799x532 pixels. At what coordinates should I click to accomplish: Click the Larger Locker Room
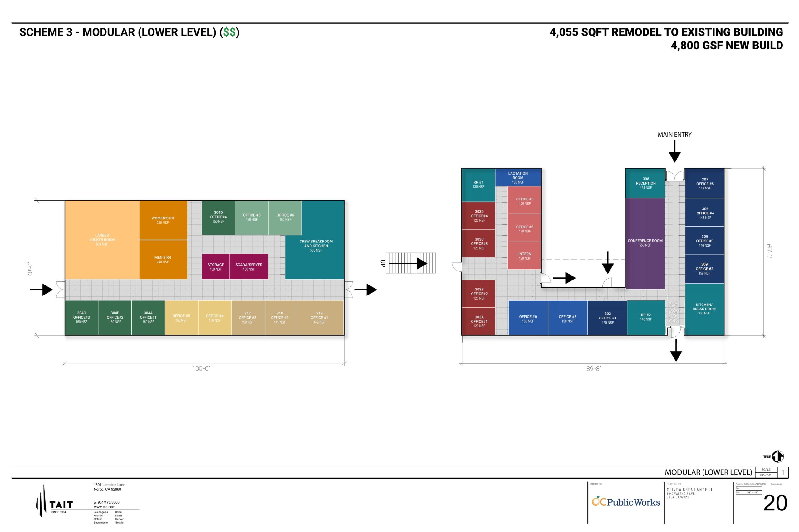(102, 240)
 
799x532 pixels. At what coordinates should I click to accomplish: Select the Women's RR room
(163, 220)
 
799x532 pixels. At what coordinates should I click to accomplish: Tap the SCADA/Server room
(249, 267)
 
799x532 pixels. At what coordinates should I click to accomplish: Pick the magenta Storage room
(215, 267)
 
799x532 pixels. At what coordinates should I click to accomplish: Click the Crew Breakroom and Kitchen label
(316, 246)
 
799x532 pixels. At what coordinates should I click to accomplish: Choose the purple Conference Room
(645, 243)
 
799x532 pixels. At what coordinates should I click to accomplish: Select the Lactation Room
(518, 177)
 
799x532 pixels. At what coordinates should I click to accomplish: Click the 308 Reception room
(645, 183)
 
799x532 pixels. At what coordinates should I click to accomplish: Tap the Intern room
(525, 256)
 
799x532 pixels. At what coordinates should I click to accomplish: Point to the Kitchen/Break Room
(704, 309)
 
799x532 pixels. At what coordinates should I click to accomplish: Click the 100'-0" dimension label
(201, 368)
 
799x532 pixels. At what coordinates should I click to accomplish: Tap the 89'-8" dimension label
(593, 368)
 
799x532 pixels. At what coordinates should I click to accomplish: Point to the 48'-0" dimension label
(30, 269)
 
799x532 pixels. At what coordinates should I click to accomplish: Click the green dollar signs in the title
(229, 32)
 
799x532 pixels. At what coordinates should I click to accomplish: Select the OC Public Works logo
(626, 502)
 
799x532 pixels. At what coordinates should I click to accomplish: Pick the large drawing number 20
(775, 503)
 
